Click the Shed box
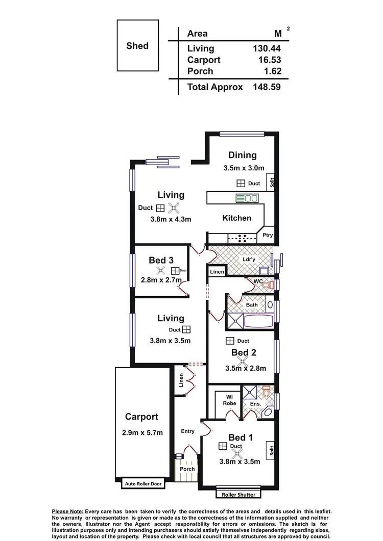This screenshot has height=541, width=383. (137, 45)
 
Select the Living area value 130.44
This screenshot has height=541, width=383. (267, 48)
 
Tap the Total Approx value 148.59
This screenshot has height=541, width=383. (267, 87)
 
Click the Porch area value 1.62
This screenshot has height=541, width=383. (271, 71)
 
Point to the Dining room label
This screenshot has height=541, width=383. (242, 155)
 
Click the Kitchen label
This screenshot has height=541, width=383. (237, 218)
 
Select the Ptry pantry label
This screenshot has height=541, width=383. (267, 235)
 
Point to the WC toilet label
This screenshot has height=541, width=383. (257, 280)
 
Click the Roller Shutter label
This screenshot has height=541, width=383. (238, 494)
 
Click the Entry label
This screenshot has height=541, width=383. (187, 431)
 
